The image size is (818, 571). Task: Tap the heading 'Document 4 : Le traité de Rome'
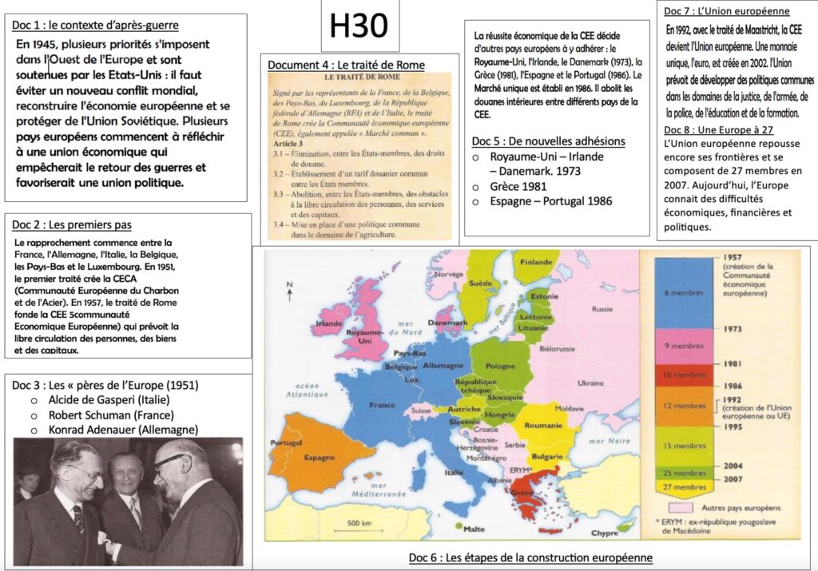click(x=346, y=65)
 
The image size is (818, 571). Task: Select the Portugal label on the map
click(x=280, y=443)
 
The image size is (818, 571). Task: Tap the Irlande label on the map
click(x=328, y=325)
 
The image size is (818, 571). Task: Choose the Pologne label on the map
click(x=500, y=366)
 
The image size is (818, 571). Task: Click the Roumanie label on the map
click(x=543, y=426)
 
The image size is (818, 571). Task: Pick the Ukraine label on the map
click(x=590, y=383)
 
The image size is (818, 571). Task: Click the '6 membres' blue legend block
click(x=684, y=293)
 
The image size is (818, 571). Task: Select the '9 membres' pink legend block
click(x=684, y=345)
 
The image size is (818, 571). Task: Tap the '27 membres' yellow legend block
click(x=684, y=486)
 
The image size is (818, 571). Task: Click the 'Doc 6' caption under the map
click(x=530, y=557)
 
